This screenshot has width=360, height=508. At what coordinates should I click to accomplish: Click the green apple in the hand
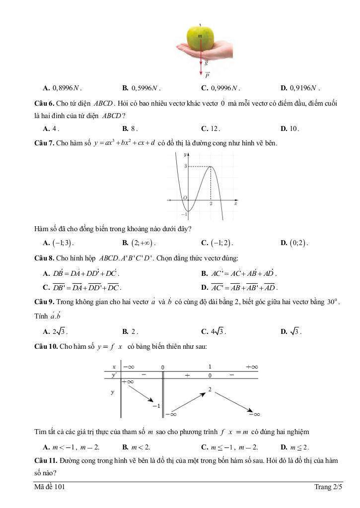point(200,38)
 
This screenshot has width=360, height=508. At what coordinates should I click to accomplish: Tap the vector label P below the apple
point(207,76)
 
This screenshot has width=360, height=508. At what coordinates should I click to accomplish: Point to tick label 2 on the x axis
point(211,204)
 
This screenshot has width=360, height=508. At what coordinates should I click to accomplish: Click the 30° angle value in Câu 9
point(332,302)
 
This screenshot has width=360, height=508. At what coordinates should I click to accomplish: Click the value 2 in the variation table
point(210,390)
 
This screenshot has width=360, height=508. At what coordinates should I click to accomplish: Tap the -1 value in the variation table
point(156,405)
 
